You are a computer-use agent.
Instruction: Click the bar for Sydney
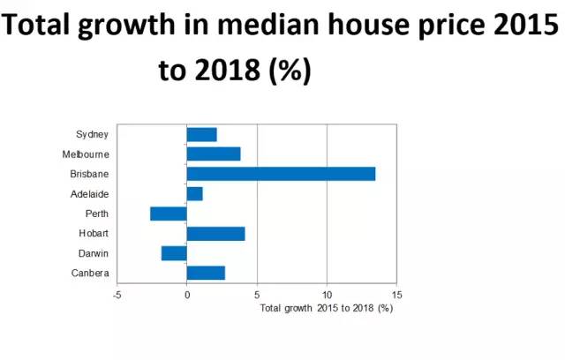click(201, 134)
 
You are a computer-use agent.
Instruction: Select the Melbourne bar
click(214, 154)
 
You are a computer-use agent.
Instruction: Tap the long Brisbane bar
click(281, 174)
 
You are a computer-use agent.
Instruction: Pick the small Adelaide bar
click(194, 193)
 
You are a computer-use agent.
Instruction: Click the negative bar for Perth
click(169, 214)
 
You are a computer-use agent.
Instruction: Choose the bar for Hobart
click(215, 234)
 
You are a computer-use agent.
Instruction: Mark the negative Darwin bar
click(174, 253)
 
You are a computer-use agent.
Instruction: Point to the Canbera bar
click(206, 273)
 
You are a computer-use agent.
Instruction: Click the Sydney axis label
click(92, 134)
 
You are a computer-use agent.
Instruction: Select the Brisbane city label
click(88, 174)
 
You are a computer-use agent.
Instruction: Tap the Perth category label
click(95, 214)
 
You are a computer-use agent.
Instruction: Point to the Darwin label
click(93, 253)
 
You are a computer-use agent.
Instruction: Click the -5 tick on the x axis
click(117, 295)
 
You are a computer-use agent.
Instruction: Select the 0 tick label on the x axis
click(187, 295)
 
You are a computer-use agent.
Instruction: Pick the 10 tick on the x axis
click(327, 295)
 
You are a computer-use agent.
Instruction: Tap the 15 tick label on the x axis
click(396, 295)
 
